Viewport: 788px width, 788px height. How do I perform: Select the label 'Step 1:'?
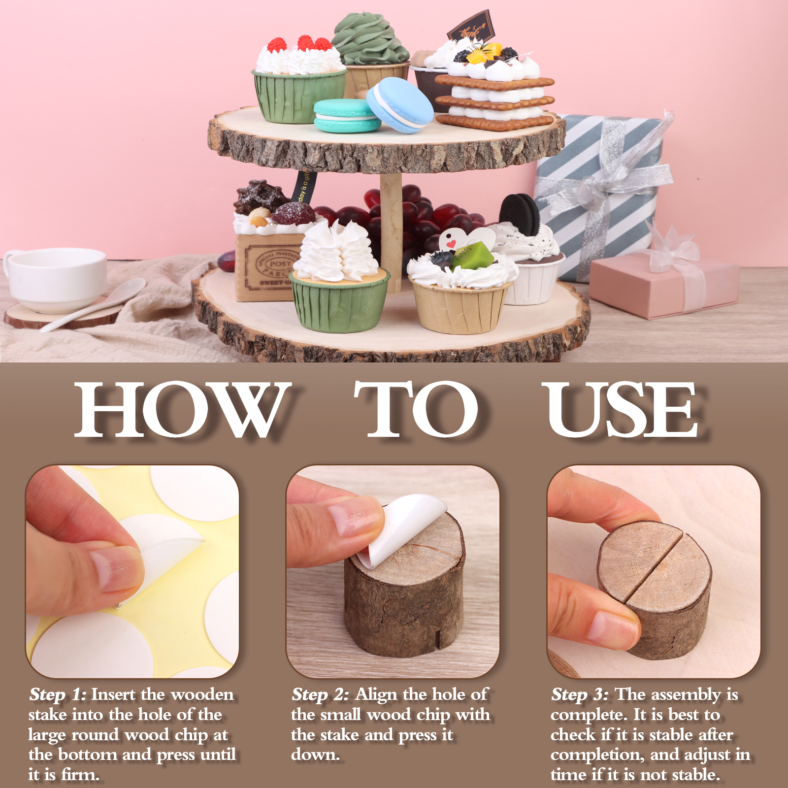(58, 695)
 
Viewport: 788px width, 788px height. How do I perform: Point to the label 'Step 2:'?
(321, 695)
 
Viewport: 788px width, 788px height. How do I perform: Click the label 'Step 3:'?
(580, 695)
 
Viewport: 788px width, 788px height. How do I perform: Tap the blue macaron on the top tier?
(400, 105)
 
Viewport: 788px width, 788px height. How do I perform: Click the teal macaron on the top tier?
(347, 116)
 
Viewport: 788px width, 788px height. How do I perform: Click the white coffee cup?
(55, 279)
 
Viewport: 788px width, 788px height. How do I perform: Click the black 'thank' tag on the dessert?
(470, 27)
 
